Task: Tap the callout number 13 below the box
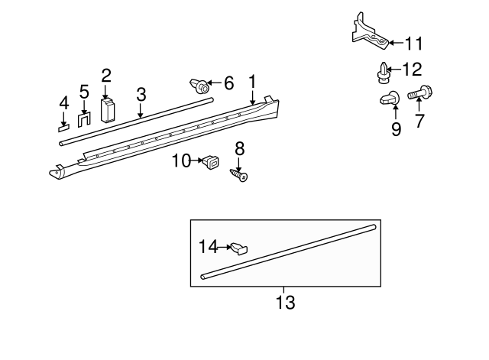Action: (x=285, y=302)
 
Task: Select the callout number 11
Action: (x=413, y=44)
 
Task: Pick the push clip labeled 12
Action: (x=381, y=73)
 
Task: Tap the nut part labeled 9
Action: (x=387, y=99)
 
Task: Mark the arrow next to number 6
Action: (x=215, y=83)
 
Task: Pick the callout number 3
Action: (x=141, y=94)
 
